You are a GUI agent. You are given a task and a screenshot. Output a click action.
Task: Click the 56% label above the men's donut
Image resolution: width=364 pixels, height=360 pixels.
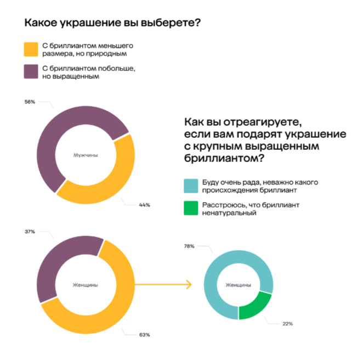click(30, 102)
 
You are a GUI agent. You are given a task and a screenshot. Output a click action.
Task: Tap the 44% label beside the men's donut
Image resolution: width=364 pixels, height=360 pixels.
click(145, 205)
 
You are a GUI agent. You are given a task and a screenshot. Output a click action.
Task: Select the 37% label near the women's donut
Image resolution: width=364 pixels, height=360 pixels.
click(30, 232)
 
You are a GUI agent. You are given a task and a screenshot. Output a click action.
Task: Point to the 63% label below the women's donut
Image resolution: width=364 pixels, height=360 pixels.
click(145, 335)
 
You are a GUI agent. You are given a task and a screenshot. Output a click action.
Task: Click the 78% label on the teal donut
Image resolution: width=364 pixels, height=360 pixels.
click(189, 246)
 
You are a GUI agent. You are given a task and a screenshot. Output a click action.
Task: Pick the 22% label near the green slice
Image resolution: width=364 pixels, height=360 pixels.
click(288, 323)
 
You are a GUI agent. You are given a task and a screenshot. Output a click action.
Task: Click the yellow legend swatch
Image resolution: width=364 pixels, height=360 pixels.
click(31, 50)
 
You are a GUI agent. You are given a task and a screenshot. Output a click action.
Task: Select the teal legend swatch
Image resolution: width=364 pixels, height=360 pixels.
click(191, 185)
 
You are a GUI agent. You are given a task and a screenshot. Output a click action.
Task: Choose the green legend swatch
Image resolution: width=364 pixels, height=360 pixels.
click(191, 208)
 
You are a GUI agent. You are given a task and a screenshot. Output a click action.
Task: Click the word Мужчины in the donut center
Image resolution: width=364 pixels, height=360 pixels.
click(86, 155)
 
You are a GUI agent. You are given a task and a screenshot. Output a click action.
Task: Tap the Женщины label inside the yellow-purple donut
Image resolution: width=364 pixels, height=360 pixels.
click(86, 285)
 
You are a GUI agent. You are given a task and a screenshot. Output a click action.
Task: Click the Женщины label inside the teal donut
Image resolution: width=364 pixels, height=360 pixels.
click(238, 285)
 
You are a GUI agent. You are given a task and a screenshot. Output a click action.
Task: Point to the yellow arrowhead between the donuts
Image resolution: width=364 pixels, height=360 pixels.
click(188, 285)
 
